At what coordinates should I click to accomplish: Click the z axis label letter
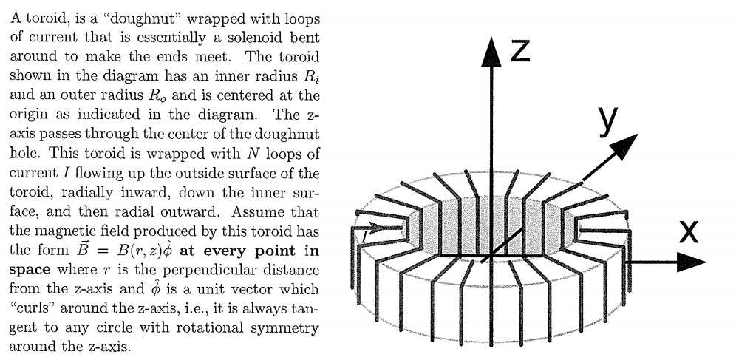[x=520, y=51]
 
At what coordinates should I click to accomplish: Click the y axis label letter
[x=608, y=122]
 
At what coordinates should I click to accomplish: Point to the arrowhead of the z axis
[x=491, y=52]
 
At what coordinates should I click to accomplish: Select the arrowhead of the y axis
[x=625, y=145]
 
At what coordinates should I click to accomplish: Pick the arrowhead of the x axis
[x=692, y=262]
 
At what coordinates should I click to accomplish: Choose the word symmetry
[x=284, y=328]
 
